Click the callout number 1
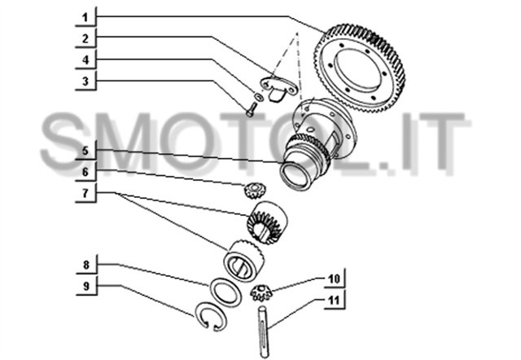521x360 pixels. tap(85, 17)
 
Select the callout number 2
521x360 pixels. tap(85, 38)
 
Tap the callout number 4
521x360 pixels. tap(85, 59)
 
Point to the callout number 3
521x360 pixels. tap(85, 81)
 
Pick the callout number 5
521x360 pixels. tap(85, 151)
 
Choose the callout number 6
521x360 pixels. tap(85, 172)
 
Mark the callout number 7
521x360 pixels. tap(85, 193)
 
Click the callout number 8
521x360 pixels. tap(86, 265)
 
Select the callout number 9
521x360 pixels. tap(86, 286)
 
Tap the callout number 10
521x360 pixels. tap(335, 279)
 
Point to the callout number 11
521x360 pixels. tap(335, 300)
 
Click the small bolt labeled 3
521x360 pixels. tap(251, 110)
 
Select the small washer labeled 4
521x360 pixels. tap(259, 97)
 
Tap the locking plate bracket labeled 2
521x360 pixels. tap(278, 87)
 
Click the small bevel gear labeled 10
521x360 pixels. tap(261, 292)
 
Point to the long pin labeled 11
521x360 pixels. tap(263, 331)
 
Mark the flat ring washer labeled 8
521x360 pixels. tap(225, 292)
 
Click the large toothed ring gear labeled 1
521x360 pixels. tap(360, 68)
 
